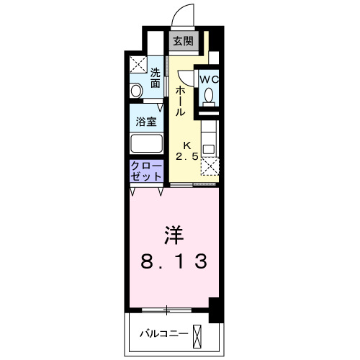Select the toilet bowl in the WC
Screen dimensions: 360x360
coord(208,94)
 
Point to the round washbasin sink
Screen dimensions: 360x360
coord(136,91)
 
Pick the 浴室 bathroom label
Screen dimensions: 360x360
coord(146,122)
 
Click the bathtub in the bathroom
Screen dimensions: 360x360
coord(146,142)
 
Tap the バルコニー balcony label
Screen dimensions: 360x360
coord(163,334)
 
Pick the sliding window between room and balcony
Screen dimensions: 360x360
coord(167,310)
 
